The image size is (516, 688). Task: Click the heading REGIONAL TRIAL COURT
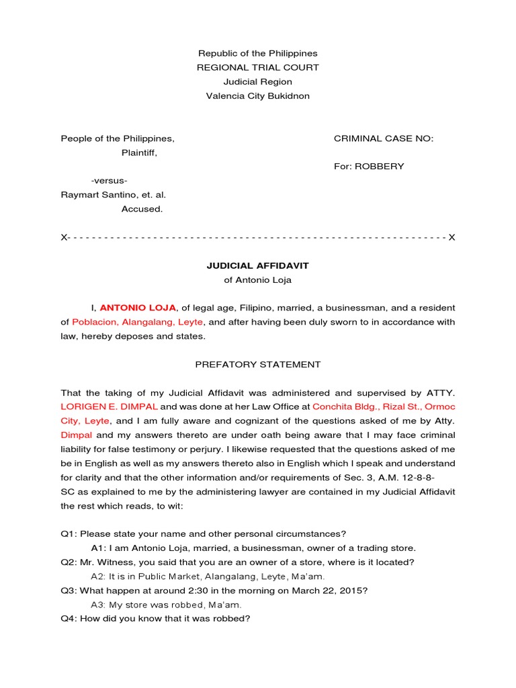pos(257,67)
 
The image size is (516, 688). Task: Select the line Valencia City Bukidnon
pos(257,96)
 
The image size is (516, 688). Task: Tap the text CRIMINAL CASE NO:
pos(384,138)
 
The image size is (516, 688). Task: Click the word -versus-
pos(110,181)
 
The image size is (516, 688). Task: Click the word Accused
pos(142,209)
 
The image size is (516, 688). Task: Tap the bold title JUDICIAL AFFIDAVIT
pos(257,266)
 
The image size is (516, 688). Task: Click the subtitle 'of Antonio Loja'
pos(257,280)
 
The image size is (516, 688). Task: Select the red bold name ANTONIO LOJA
pos(138,308)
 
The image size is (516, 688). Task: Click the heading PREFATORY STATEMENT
pos(257,364)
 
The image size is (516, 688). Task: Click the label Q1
pos(68,534)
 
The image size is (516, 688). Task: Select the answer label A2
pos(98,576)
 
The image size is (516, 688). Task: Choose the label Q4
pos(68,618)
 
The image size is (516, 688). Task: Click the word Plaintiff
pos(139,153)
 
